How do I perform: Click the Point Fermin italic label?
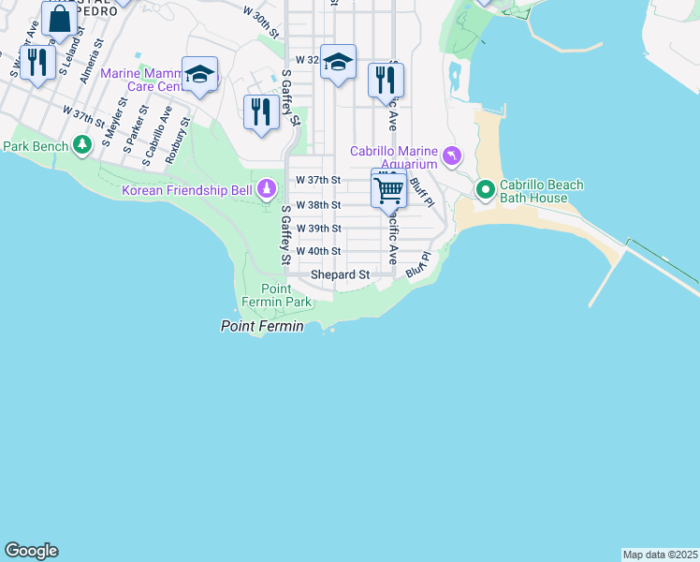262,326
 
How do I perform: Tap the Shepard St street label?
341,275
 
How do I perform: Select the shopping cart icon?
388,190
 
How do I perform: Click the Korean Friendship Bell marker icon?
267,190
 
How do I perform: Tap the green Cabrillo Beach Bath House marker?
486,191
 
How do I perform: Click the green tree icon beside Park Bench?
83,145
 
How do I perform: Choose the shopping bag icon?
59,19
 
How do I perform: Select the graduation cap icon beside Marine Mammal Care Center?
200,74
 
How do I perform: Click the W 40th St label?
318,252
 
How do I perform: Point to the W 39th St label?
318,229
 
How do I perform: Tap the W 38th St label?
318,205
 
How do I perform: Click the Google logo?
31,551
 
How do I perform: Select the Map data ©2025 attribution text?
660,555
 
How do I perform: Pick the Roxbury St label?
178,140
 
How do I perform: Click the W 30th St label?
261,22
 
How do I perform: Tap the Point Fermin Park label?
285,295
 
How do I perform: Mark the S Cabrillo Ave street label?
157,137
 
